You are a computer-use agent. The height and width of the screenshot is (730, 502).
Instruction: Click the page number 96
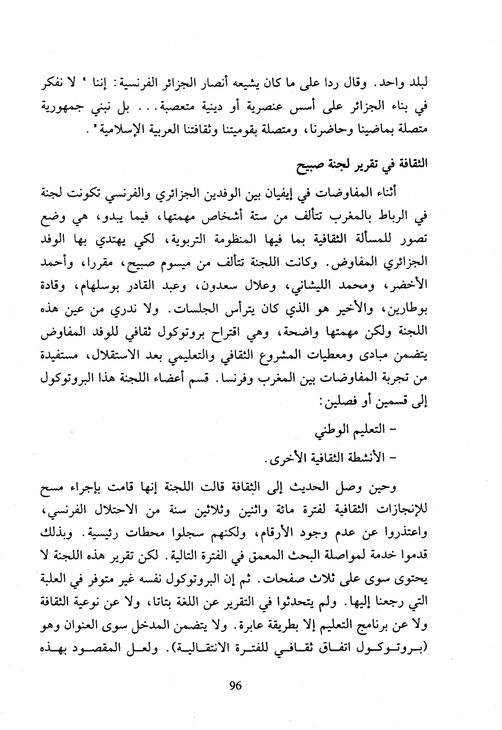235,686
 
